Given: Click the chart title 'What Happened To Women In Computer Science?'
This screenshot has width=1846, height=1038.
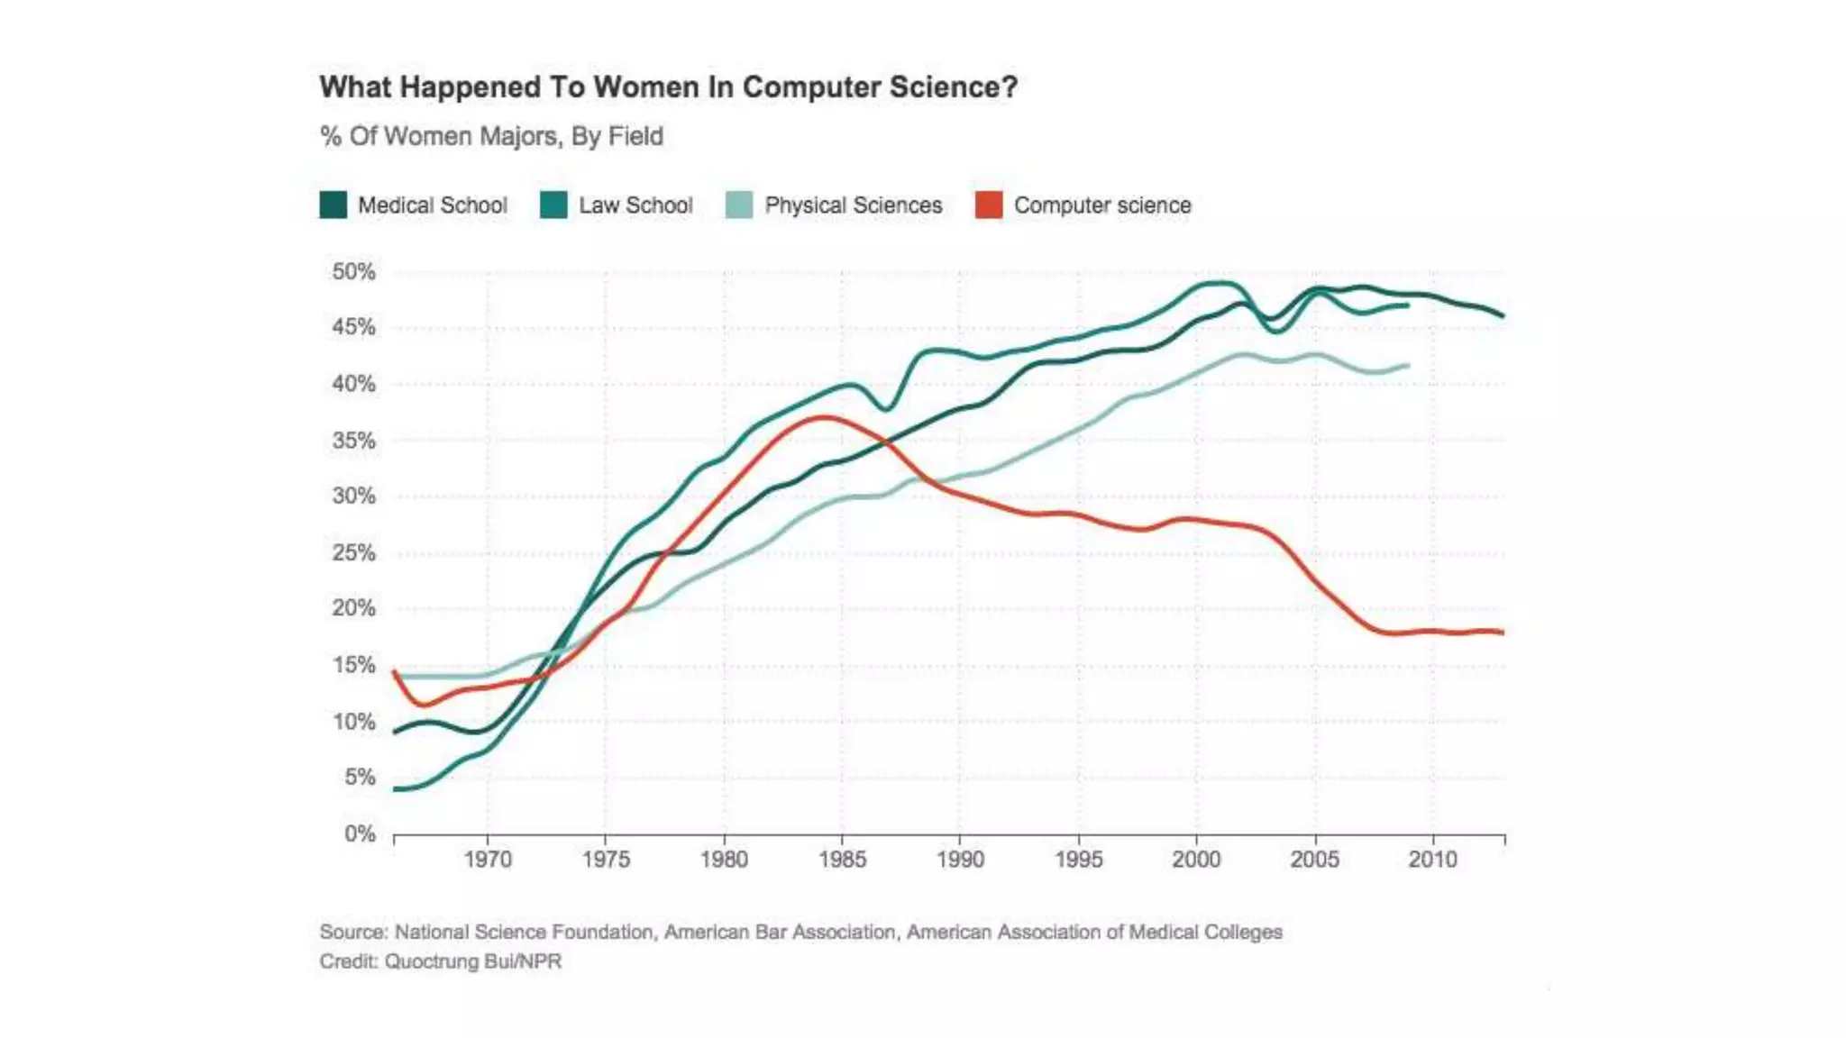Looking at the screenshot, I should coord(668,87).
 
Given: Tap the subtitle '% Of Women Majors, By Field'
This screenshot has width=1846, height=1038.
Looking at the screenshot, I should coord(491,136).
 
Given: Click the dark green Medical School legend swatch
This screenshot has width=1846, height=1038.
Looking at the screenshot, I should coord(333,205).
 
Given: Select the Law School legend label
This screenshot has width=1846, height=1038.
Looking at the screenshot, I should coord(635,205).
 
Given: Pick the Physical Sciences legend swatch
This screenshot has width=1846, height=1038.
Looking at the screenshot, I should coord(738,205).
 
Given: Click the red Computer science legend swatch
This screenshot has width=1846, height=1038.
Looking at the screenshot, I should coord(988,205).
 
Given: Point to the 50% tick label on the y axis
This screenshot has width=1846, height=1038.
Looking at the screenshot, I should coord(353,271).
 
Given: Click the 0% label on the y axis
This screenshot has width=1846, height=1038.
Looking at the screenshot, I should coord(360,833).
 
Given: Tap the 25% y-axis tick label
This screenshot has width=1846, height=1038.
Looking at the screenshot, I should coord(353,552).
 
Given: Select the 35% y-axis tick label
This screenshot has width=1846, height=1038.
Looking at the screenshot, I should coord(353,441).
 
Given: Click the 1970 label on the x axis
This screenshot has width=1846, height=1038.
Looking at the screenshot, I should coord(488,860).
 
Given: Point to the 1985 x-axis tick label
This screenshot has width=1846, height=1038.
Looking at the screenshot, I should coord(842,860).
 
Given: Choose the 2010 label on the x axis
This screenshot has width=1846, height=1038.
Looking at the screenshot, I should coord(1432,860).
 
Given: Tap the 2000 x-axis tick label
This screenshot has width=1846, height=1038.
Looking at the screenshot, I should coord(1196,860).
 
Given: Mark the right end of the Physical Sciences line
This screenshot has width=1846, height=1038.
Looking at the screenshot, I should coord(1408,365).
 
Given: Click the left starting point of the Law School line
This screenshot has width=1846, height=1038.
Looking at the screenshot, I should coord(395,789).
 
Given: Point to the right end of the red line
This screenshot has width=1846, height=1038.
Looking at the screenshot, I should coord(1503,633).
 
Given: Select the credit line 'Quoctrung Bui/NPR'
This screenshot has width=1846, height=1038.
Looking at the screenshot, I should coord(472,961).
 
